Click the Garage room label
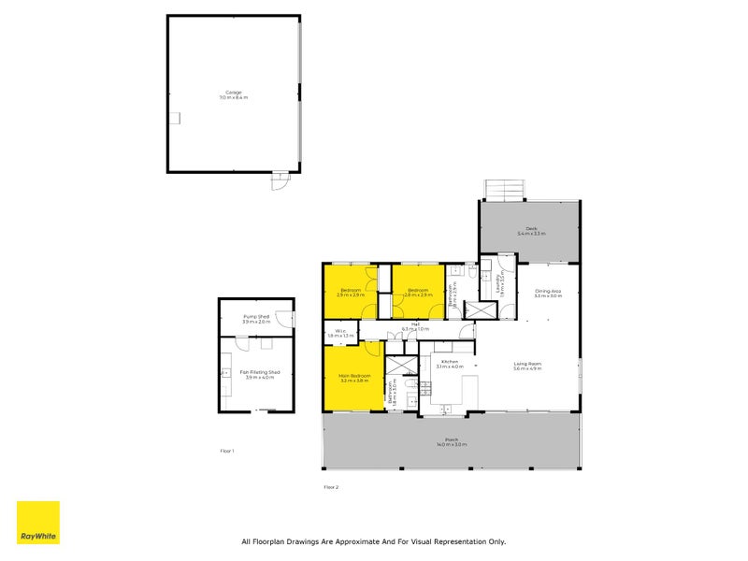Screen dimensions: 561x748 233,94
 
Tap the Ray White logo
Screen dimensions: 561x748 38,523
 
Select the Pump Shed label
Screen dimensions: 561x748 256,319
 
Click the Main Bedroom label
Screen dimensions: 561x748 354,378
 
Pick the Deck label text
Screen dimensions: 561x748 530,231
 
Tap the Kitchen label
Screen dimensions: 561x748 450,364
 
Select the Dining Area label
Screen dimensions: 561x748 548,294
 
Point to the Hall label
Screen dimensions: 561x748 415,326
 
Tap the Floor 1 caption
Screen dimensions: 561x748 226,451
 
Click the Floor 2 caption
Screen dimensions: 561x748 331,487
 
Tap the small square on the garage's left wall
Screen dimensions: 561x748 174,118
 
